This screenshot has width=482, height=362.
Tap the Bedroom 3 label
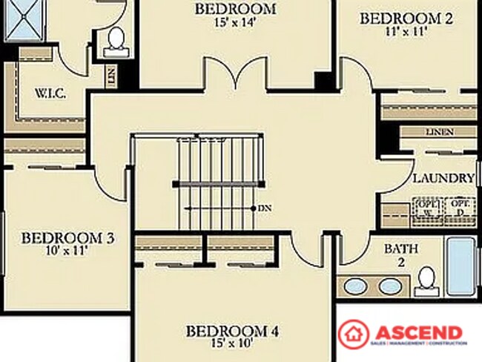click(67, 238)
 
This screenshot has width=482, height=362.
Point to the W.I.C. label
click(51, 94)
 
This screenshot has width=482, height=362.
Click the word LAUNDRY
click(443, 178)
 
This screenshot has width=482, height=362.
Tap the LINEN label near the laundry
click(440, 131)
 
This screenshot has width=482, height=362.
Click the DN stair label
click(265, 208)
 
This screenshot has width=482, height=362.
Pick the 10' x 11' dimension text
click(67, 251)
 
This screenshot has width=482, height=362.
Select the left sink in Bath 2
click(356, 286)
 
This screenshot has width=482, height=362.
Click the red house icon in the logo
click(354, 334)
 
